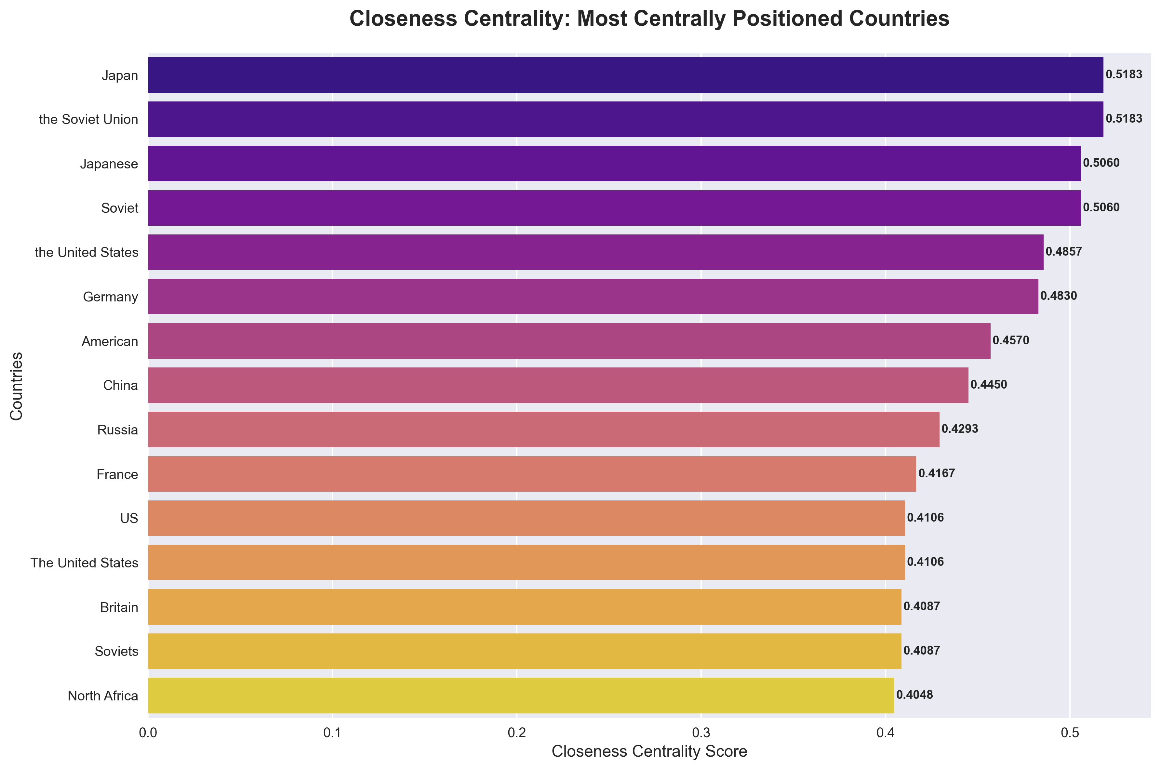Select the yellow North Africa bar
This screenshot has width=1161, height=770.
(x=521, y=695)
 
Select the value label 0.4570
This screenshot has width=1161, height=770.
(x=1011, y=341)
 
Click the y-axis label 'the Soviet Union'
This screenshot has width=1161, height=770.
(x=88, y=120)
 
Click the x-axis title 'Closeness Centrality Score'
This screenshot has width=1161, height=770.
(x=649, y=752)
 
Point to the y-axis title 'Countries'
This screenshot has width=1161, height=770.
(x=17, y=386)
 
